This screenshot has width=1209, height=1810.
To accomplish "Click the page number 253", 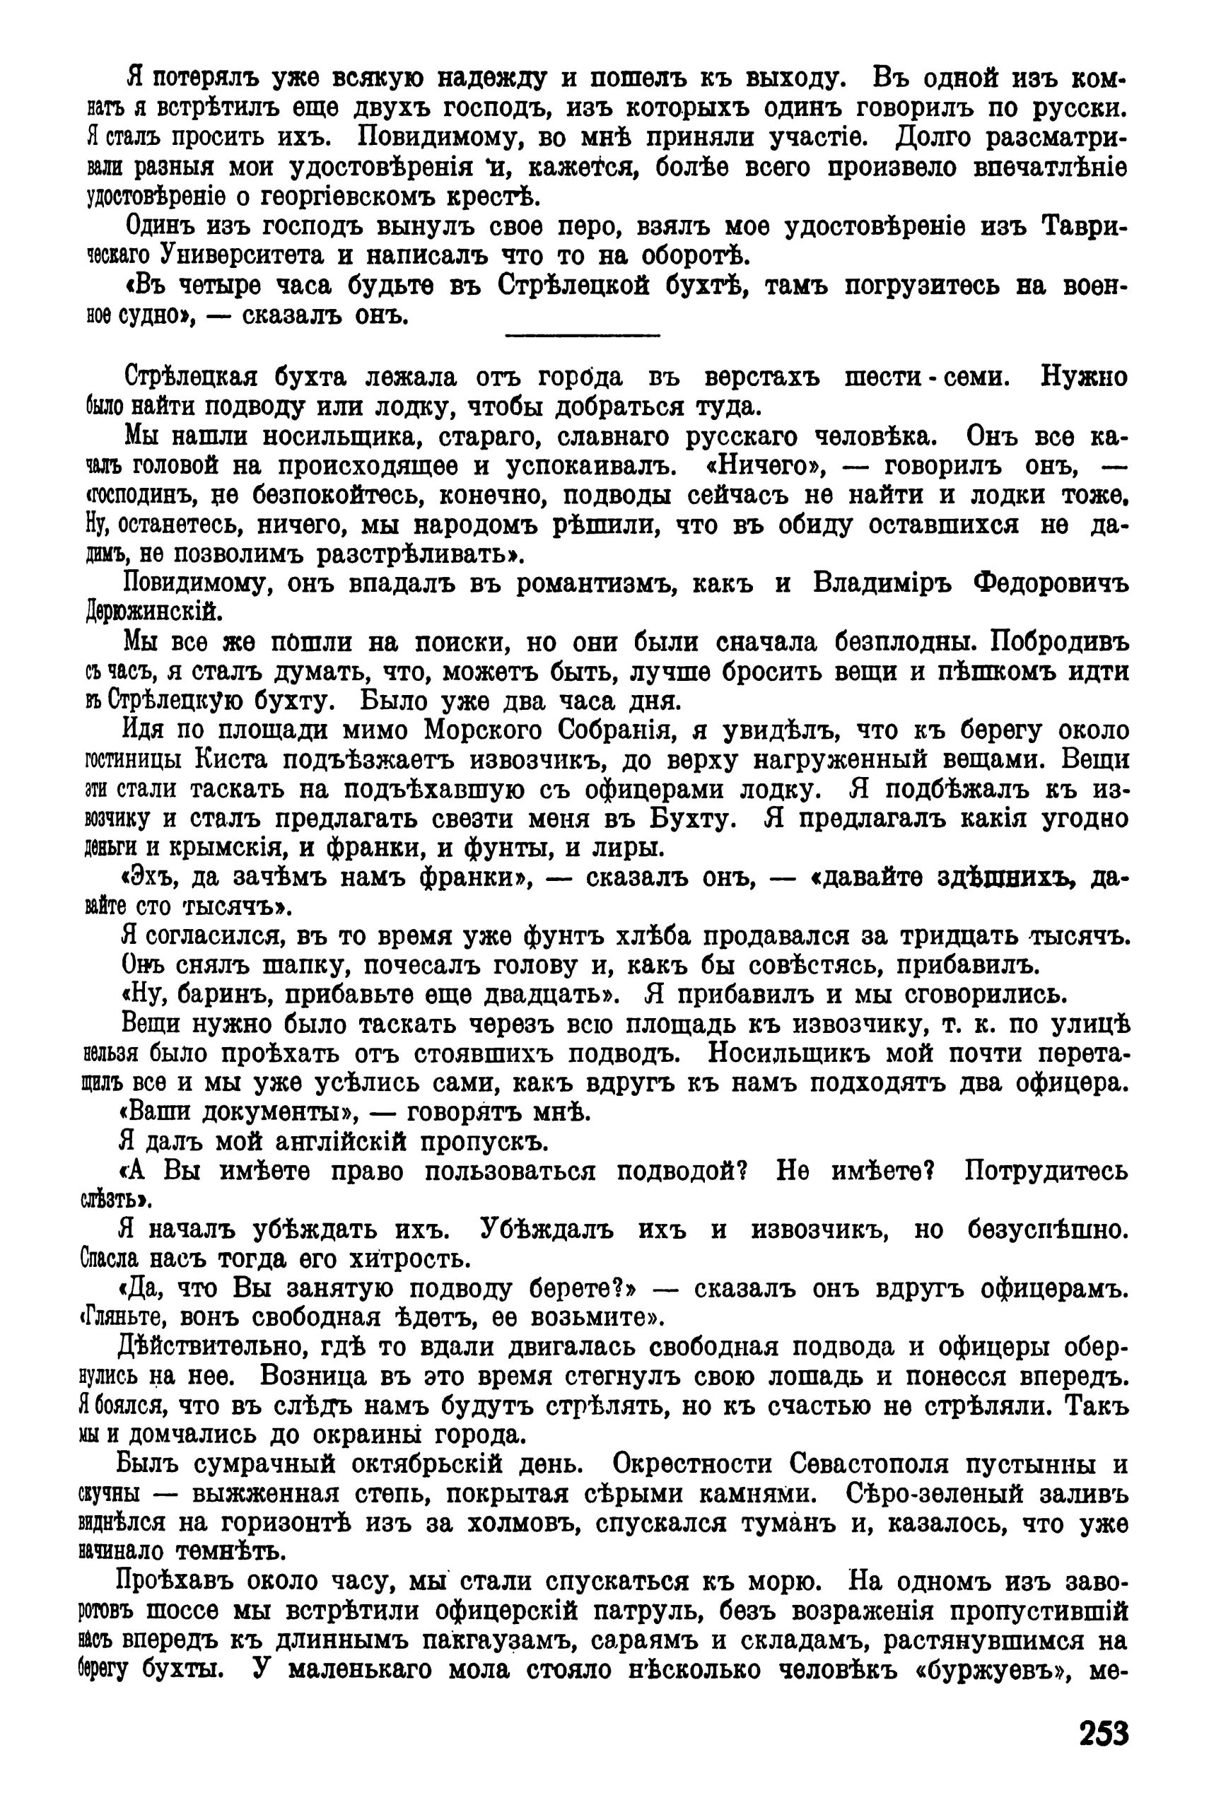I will pos(1104,1734).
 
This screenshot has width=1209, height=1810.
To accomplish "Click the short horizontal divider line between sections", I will pos(583,334).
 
